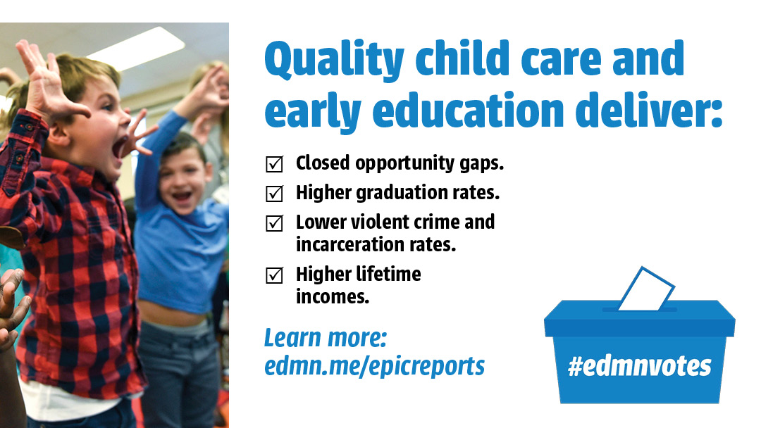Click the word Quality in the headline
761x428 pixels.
pyautogui.click(x=334, y=60)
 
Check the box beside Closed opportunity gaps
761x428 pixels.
pyautogui.click(x=274, y=164)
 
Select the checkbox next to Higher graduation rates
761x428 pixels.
pyautogui.click(x=274, y=194)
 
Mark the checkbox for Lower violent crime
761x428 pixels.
pyautogui.click(x=274, y=223)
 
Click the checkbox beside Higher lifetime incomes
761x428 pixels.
pyautogui.click(x=274, y=275)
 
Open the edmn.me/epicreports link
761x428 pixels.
pyautogui.click(x=374, y=366)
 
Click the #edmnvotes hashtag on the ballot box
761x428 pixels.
pyautogui.click(x=640, y=366)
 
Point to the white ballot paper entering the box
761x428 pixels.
pyautogui.click(x=646, y=289)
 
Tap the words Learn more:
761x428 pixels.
pyautogui.click(x=325, y=338)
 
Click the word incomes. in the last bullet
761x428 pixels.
pyautogui.click(x=333, y=296)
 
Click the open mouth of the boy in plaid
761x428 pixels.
pyautogui.click(x=118, y=147)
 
